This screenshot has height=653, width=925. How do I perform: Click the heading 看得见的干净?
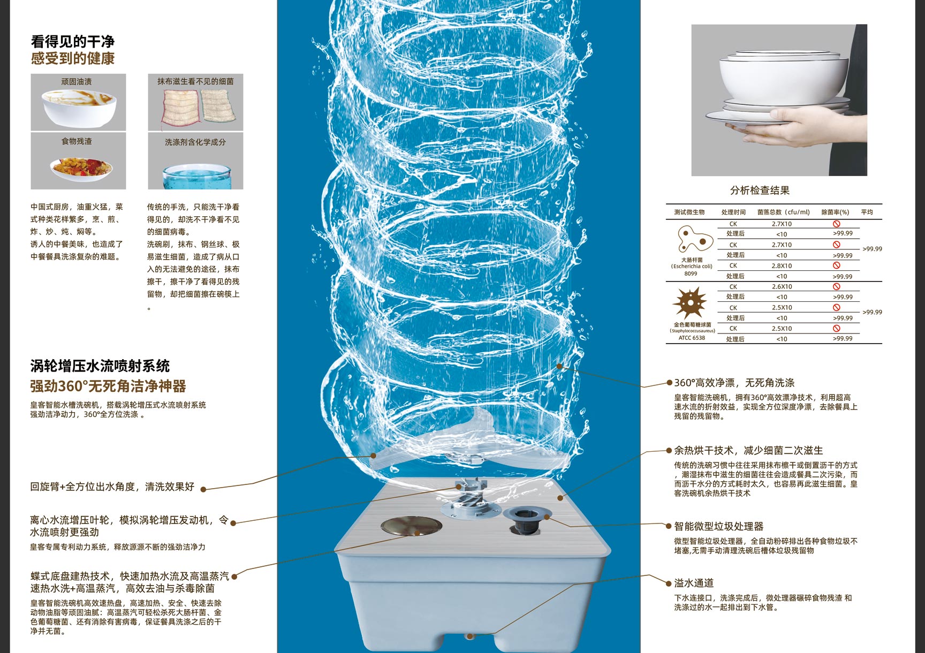72,41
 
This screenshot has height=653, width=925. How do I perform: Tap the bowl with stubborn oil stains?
78,106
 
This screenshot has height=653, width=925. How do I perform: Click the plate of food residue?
81,168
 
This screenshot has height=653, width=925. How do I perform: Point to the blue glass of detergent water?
196,177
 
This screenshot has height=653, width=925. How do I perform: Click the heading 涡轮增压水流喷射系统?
100,366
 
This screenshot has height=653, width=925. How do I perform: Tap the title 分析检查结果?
760,191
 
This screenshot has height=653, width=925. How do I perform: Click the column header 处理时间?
733,212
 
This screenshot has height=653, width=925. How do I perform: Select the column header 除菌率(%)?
835,212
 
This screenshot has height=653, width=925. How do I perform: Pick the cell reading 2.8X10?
782,266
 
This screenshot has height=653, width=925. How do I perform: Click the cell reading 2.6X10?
782,287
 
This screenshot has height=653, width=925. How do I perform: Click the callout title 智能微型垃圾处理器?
718,526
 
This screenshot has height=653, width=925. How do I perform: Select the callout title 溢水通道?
694,583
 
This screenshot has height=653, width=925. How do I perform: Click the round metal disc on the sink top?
411,526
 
